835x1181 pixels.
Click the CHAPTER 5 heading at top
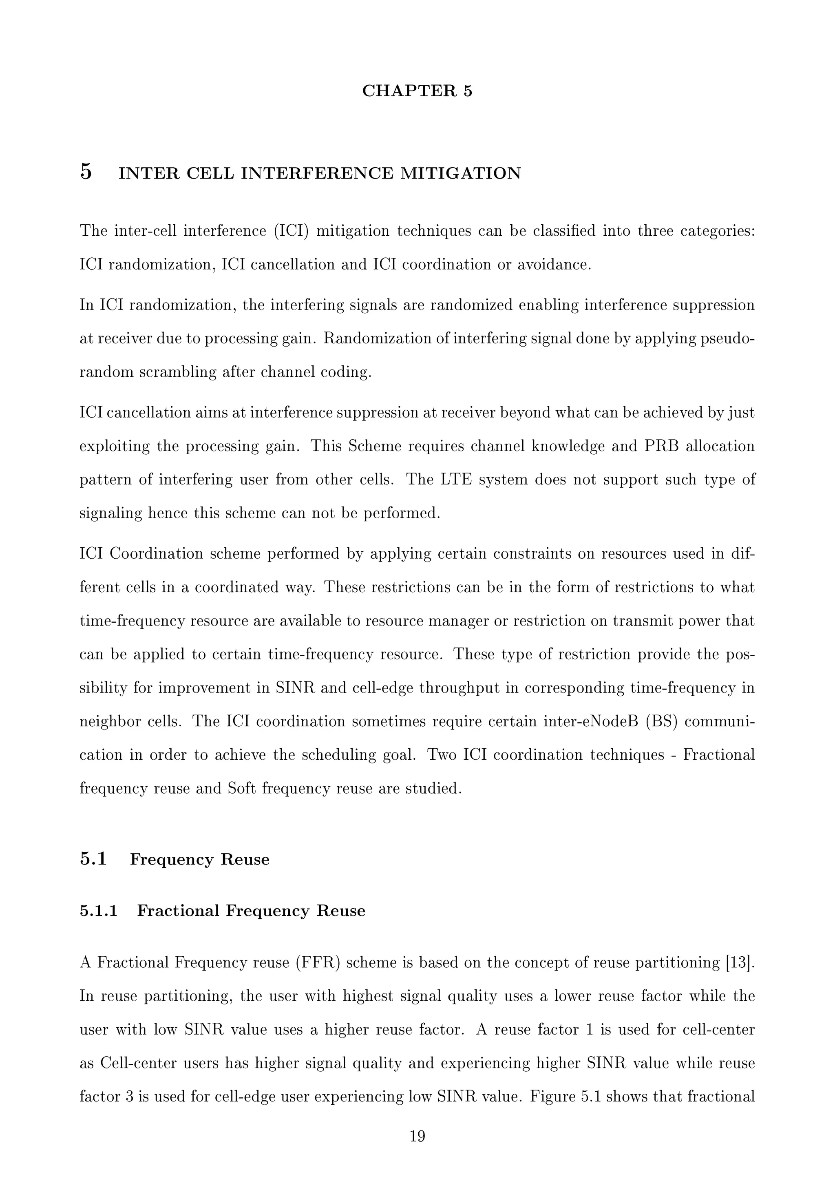click(x=417, y=91)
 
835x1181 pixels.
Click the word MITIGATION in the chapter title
click(x=460, y=173)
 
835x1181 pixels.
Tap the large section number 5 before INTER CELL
click(x=86, y=172)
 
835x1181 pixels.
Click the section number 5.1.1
click(x=99, y=911)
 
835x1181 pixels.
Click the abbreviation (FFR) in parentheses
click(x=318, y=962)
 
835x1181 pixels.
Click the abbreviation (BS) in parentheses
click(x=662, y=722)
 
